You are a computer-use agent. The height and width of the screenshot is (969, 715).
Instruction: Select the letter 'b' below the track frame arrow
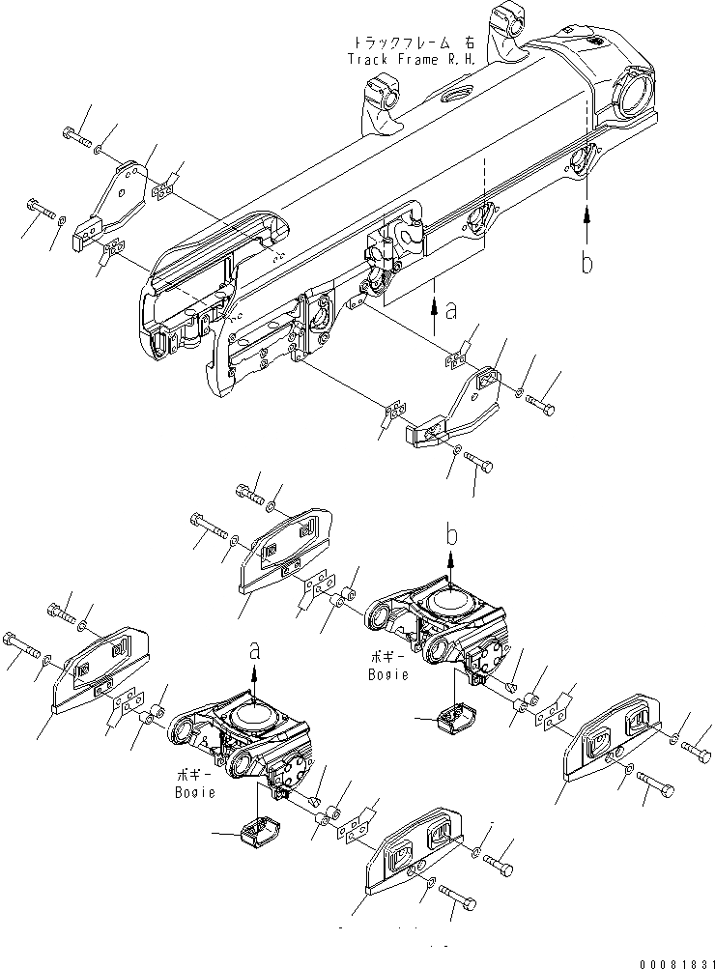[x=586, y=263]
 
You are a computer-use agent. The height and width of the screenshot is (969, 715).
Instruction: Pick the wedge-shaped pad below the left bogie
[x=257, y=830]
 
